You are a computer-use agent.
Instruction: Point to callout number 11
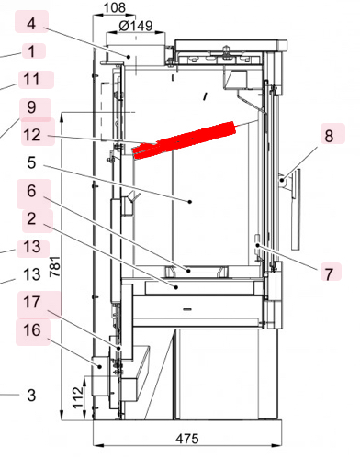tap(32, 80)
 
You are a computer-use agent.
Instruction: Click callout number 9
tap(32, 107)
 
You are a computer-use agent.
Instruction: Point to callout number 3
tap(31, 396)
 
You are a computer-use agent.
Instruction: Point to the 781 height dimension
tap(55, 264)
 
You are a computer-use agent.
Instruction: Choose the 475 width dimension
tap(187, 438)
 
